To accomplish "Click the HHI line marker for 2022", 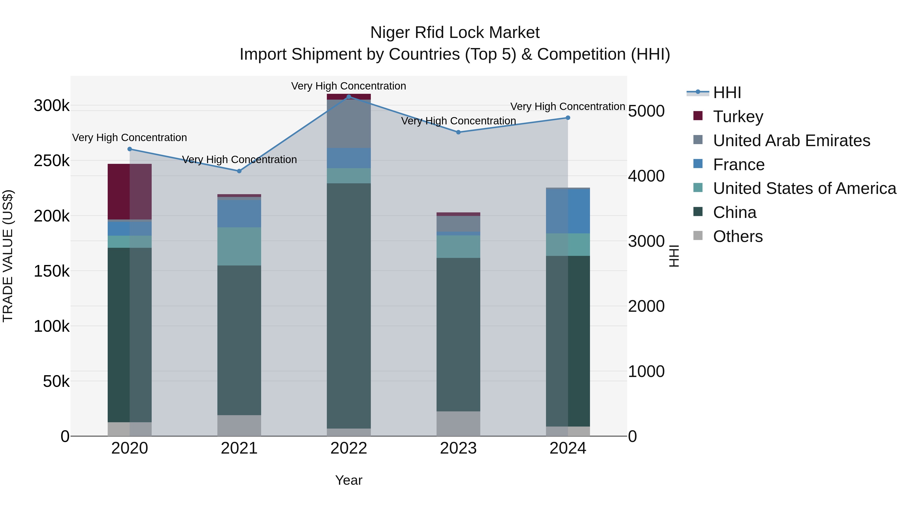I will point(349,97).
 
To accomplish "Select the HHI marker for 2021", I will point(239,171).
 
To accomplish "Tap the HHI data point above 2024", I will point(568,118).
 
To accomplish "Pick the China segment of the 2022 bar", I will point(349,306).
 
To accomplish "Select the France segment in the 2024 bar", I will point(568,211).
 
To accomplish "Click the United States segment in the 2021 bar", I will point(239,246).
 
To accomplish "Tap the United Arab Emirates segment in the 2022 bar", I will point(349,124).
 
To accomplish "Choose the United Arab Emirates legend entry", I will point(791,140).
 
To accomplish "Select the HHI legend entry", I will point(727,93).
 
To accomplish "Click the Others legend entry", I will point(738,236).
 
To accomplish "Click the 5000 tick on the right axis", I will point(646,111).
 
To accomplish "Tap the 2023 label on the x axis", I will point(458,448).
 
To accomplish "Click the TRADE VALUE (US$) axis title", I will point(8,256).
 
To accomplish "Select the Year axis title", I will point(349,480).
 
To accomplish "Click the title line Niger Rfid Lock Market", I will point(455,33).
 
